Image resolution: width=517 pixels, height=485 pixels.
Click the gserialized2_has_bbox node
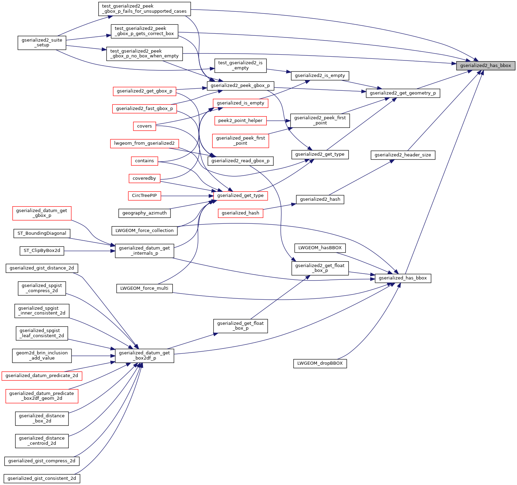485,66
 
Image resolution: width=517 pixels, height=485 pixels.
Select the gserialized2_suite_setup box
42,43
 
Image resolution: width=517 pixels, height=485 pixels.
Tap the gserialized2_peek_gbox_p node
240,86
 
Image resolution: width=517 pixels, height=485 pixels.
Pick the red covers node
144,126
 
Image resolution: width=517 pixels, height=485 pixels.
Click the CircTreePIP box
144,196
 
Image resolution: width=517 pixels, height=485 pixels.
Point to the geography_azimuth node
144,213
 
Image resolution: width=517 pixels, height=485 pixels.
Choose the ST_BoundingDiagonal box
42,233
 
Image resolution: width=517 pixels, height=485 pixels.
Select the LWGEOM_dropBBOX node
320,363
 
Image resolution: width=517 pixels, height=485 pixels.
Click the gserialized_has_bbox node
403,278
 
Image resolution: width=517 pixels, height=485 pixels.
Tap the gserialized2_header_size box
403,155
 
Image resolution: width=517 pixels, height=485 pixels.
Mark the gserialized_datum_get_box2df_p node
144,355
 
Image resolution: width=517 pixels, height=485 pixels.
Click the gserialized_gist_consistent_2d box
42,478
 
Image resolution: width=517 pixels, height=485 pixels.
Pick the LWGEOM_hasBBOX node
320,248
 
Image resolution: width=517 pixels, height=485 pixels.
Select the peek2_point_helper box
240,121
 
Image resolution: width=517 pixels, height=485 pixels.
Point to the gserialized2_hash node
320,199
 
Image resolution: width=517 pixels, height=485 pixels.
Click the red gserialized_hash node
240,213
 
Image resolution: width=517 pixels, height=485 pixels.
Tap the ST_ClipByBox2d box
42,251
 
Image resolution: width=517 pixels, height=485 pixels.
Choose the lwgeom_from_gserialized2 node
144,143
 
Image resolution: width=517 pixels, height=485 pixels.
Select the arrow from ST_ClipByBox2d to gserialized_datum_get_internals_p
89,251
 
